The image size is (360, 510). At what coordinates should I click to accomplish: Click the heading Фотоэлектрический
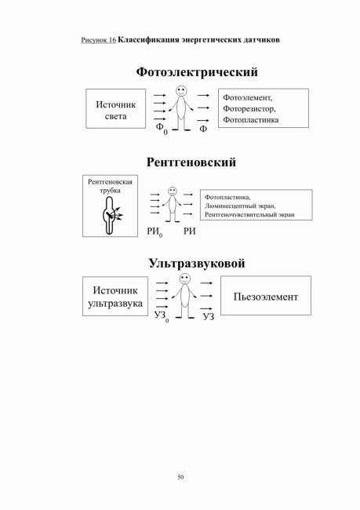coord(197,72)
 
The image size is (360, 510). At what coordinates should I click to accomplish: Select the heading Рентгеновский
coord(191,162)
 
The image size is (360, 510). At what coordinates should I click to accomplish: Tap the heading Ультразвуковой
coord(197,263)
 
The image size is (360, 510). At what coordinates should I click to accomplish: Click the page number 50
coord(181,477)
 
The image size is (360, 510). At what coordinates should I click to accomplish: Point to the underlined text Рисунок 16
coord(99,40)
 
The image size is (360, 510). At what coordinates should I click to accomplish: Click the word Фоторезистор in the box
coord(249,108)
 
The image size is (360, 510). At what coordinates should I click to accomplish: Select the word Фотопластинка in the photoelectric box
coord(251,120)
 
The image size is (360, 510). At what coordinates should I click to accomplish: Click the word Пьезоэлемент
coord(266,297)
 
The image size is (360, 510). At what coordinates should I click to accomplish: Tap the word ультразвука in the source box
coord(115,304)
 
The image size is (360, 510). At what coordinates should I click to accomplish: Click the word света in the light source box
coord(116,116)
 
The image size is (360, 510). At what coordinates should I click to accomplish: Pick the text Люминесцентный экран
coord(240,206)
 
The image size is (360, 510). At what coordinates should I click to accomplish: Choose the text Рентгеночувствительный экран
coord(249,215)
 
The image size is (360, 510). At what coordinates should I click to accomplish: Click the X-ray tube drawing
coord(111,215)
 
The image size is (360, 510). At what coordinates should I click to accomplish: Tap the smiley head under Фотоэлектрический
coord(181,91)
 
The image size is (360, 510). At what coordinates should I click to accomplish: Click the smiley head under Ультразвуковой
coord(185,279)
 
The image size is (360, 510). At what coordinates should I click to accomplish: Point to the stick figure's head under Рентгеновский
coord(173,191)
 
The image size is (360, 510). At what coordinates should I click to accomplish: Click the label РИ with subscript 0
coord(155,232)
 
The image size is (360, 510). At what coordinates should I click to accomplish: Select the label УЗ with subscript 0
coord(162,316)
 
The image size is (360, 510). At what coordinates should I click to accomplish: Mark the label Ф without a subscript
coord(203,129)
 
